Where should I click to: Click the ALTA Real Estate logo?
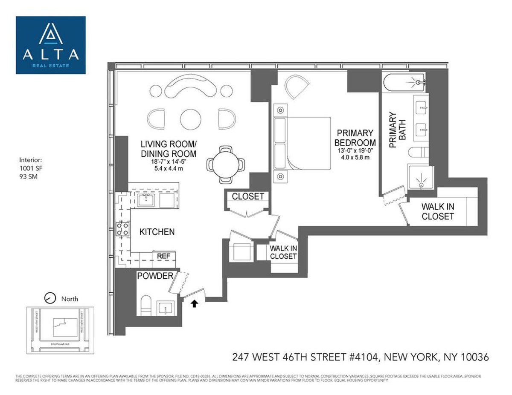(x=51, y=45)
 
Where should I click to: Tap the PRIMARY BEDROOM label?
(x=355, y=138)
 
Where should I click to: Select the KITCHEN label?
(x=157, y=232)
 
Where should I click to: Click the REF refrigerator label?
(x=164, y=256)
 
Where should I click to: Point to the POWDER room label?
(x=155, y=276)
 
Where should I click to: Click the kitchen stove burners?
(x=123, y=229)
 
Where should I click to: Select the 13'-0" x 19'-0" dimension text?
(x=355, y=151)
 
